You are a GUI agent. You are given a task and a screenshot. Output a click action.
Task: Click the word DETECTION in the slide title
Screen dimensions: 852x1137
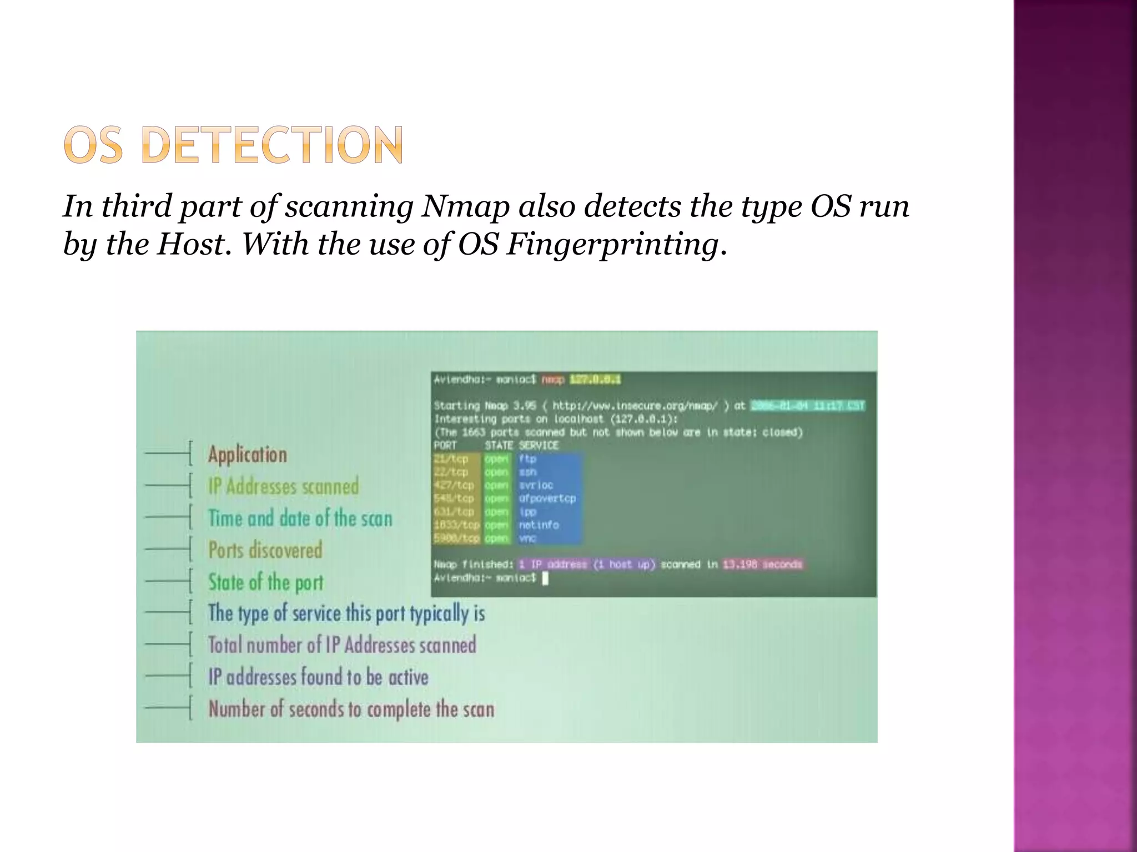click(272, 145)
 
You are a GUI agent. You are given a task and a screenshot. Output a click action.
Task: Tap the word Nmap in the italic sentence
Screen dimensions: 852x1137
click(465, 206)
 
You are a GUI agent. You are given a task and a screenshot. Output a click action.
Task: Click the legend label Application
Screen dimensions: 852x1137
click(248, 455)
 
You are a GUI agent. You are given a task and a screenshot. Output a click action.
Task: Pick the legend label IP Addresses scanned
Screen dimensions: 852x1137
click(284, 486)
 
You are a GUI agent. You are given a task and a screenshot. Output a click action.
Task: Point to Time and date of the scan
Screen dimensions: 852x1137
click(300, 519)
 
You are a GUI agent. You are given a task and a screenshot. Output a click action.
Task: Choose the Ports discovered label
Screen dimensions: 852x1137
click(265, 550)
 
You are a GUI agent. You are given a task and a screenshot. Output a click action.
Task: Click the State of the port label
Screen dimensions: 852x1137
click(265, 582)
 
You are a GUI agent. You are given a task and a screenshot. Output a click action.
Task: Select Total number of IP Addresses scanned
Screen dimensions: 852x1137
click(342, 645)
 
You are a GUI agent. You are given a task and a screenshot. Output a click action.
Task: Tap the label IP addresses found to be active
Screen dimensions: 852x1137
click(318, 677)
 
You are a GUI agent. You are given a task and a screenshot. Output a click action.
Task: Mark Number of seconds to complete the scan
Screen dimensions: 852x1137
click(351, 709)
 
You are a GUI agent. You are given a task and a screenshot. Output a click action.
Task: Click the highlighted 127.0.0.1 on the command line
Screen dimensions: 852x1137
click(595, 380)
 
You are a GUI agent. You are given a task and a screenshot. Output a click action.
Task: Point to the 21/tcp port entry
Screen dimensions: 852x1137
click(451, 459)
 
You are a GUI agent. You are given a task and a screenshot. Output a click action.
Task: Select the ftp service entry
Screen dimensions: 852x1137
click(527, 459)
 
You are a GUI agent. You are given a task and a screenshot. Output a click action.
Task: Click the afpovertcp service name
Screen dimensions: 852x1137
click(547, 499)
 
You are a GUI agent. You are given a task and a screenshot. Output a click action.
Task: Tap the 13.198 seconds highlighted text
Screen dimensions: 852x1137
click(762, 565)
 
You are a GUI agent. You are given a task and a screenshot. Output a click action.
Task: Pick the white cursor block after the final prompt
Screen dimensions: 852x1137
click(545, 579)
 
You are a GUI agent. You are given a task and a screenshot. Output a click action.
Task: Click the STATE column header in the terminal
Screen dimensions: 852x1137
click(499, 445)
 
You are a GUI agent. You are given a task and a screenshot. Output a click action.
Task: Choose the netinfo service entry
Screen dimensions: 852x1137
click(539, 525)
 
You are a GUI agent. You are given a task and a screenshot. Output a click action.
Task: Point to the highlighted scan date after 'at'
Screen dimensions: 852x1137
click(807, 406)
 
